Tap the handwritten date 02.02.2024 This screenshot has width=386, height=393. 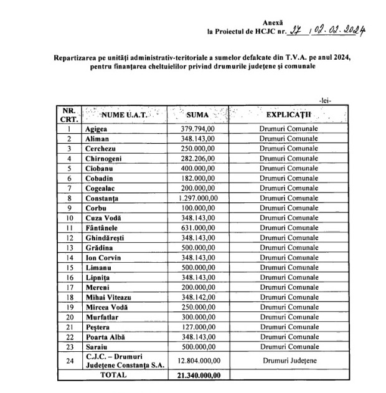click(339, 29)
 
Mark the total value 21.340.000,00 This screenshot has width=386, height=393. click(201, 375)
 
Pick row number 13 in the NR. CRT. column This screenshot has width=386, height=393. click(70, 248)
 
